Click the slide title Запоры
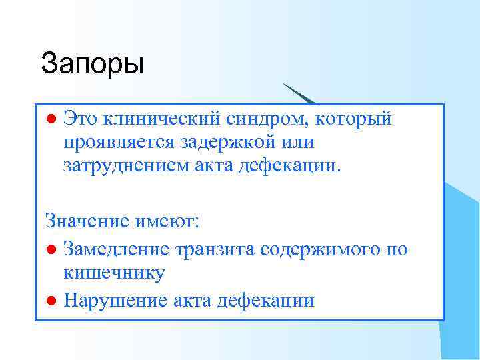[92, 63]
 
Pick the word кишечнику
[114, 272]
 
